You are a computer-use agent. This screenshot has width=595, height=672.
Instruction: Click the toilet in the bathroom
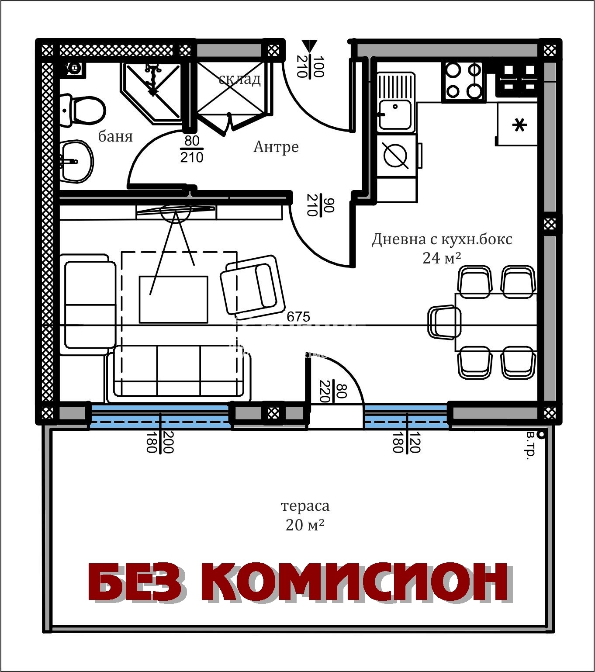coord(83,111)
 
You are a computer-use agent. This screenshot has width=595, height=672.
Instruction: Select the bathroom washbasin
coord(76,162)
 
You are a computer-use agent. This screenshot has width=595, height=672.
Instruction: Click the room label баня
coord(115,137)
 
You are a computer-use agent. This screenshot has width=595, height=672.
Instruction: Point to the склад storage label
coord(239,79)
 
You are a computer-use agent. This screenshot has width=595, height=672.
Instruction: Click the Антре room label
coord(276,147)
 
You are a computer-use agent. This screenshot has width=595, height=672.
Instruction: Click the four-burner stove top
coord(464,81)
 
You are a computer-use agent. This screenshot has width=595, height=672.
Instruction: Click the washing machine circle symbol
coord(395,156)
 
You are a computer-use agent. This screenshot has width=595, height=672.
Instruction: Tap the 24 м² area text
coord(442,258)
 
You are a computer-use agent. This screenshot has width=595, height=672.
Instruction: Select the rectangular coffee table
coord(173,299)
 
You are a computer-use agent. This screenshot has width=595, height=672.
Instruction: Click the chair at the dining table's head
coord(443,322)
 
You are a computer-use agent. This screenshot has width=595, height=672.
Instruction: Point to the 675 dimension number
coord(298,316)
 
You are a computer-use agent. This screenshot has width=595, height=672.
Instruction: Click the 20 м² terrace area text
coord(305,525)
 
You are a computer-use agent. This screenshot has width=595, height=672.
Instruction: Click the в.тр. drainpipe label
coord(530,446)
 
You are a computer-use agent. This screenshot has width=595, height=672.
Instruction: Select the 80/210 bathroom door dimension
coord(192,149)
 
